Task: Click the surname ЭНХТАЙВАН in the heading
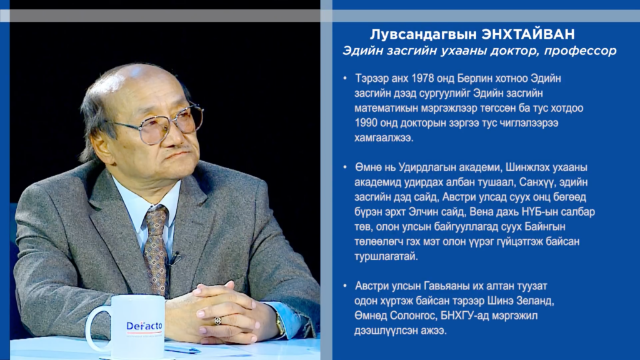[x=528, y=34]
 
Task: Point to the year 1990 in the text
[x=366, y=123]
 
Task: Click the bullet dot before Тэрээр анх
[x=345, y=78]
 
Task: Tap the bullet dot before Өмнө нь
[x=345, y=167]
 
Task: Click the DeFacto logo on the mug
[x=144, y=326]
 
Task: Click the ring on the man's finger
[x=218, y=321]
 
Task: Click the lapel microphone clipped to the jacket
[x=176, y=258]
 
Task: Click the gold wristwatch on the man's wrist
[x=279, y=325]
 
